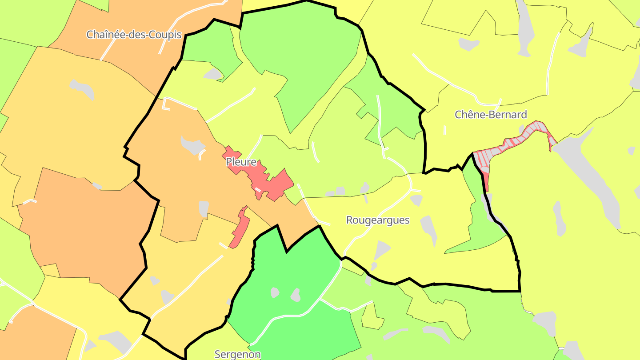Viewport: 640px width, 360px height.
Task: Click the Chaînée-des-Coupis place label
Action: (x=134, y=35)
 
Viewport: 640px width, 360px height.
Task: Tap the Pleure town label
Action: (x=241, y=162)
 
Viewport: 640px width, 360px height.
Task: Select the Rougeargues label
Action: (x=378, y=220)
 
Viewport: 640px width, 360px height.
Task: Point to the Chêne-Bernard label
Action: (x=491, y=115)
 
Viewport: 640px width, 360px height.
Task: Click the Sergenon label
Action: (x=237, y=354)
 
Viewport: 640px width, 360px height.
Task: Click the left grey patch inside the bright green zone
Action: (x=275, y=292)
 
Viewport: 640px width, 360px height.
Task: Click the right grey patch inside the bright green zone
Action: (x=296, y=294)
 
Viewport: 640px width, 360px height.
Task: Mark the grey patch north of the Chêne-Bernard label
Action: (x=468, y=44)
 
